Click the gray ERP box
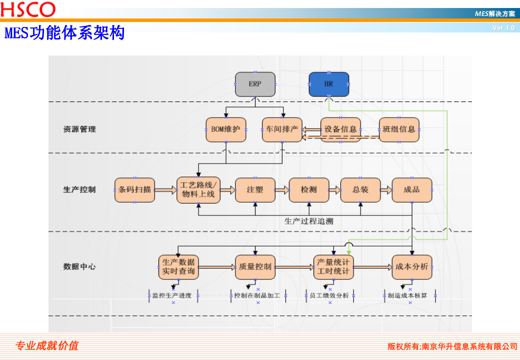pos(255,84)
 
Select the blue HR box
pos(328,84)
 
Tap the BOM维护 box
pos(226,129)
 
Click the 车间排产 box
pos(282,129)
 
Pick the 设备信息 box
pos(340,129)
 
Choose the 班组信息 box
pos(399,129)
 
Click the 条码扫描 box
pos(134,190)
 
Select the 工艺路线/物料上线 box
pos(198,190)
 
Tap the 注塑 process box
pos(255,190)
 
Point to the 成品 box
pos(411,190)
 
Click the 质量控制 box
pos(255,267)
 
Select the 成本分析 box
pos(411,267)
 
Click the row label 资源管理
pos(79,129)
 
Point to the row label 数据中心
pos(79,267)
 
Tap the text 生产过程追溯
pos(308,221)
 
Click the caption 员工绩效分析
pos(329,295)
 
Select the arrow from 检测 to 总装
pos(334,190)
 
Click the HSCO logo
pos(28,9)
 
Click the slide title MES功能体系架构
pos(64,33)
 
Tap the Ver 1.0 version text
pos(503,28)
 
